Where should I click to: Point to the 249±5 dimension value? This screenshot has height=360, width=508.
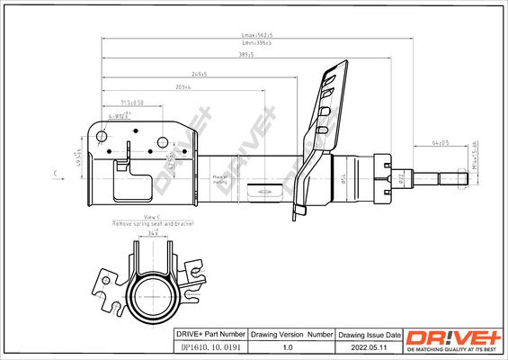pyautogui.click(x=199, y=74)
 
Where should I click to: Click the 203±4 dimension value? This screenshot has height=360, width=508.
pyautogui.click(x=183, y=88)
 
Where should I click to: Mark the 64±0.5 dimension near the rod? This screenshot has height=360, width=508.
pyautogui.click(x=441, y=142)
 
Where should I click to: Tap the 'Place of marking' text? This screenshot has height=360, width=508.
pyautogui.click(x=218, y=179)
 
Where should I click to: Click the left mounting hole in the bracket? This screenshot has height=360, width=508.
pyautogui.click(x=102, y=136)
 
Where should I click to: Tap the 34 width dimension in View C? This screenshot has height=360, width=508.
pyautogui.click(x=154, y=232)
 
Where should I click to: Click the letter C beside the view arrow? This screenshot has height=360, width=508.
pyautogui.click(x=56, y=171)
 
